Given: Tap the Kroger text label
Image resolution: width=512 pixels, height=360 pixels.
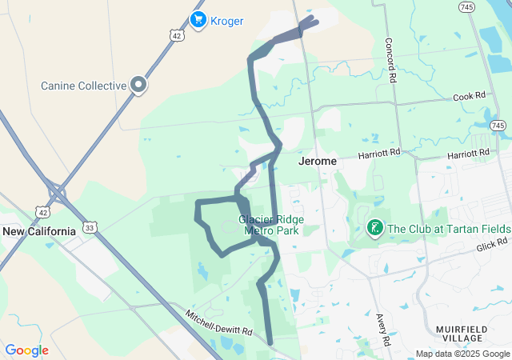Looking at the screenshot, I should point(227,21).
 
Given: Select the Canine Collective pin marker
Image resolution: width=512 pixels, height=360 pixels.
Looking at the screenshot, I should point(138,84).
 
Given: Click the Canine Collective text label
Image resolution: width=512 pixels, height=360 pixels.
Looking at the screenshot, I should point(84,86).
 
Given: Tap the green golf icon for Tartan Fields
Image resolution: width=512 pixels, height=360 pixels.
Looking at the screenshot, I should point(373,229).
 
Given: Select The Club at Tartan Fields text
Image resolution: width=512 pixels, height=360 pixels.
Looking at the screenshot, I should point(448,229).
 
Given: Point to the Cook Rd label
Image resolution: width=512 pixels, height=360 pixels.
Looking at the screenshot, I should point(469,95).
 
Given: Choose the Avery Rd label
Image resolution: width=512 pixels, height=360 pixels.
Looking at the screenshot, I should point(383,329).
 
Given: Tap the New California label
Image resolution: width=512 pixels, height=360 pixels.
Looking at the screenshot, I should point(38,231).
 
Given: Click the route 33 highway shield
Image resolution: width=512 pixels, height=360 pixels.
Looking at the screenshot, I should point(90,228).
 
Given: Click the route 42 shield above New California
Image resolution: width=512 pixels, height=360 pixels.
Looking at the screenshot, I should point(42,211).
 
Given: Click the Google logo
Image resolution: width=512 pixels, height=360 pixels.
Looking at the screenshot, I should point(26,350).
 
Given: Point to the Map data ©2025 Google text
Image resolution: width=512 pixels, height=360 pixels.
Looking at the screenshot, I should point(462,354).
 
